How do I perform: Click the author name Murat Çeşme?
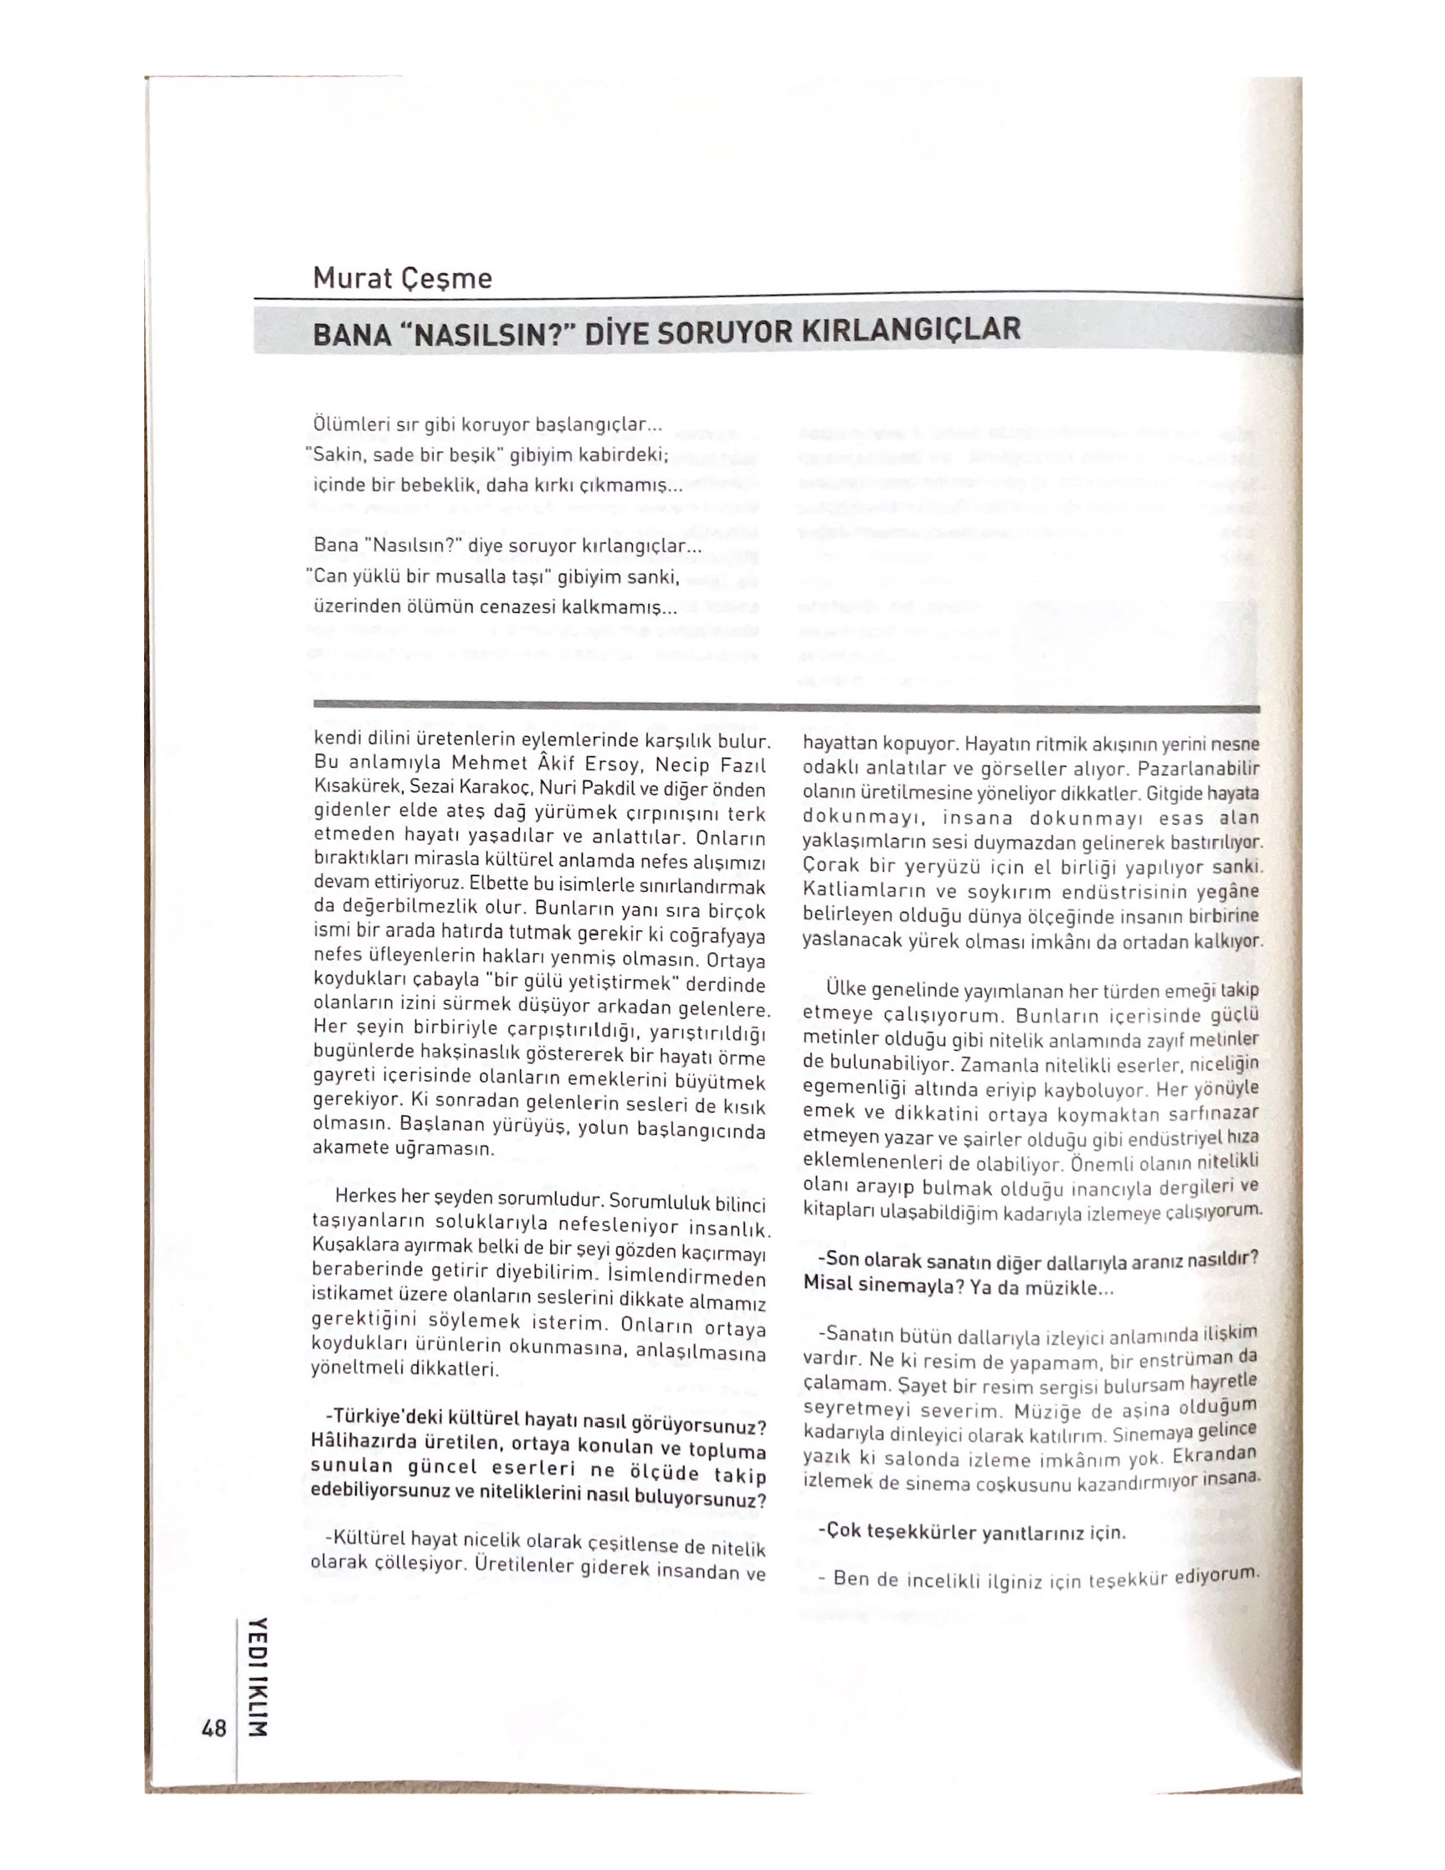click(402, 278)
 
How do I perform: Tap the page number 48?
click(213, 1728)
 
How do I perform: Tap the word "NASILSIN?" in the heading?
click(486, 332)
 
